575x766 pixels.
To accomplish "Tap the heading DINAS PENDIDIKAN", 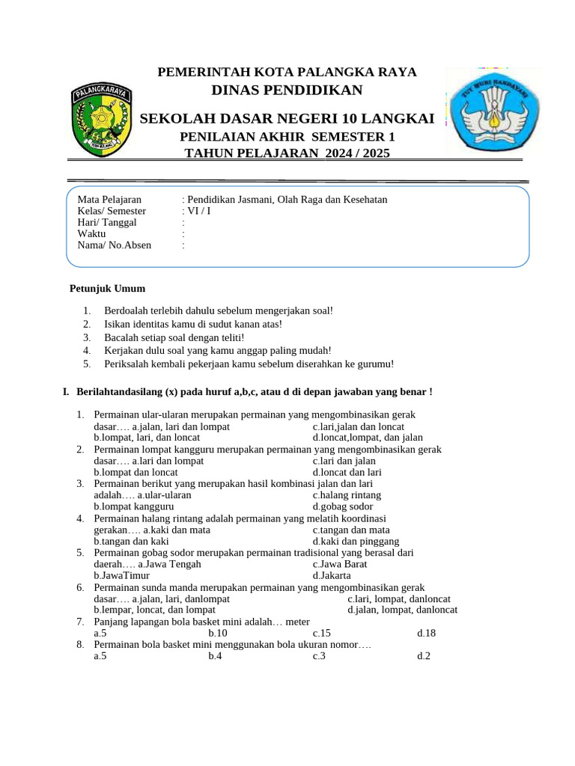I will pos(287,91).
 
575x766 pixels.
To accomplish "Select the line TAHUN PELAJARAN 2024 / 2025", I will pos(287,153).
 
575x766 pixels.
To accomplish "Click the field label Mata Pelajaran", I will pos(109,200).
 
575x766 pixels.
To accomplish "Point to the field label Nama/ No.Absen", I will pos(114,245).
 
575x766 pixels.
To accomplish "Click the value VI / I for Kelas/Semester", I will pos(198,211).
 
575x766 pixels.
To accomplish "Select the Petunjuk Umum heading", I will pos(107,289).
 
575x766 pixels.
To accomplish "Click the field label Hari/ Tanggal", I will pos(107,222).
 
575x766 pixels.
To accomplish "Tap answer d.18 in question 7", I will pos(426,633).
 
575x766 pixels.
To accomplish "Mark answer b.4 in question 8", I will pos(215,656).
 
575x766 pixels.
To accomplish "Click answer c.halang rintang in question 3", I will pos(347,495).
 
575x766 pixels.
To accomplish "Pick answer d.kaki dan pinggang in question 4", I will pos(356,542).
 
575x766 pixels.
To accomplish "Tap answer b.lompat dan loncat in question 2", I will pos(136,472).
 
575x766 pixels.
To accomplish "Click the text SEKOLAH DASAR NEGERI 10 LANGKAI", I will pos(287,118).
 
